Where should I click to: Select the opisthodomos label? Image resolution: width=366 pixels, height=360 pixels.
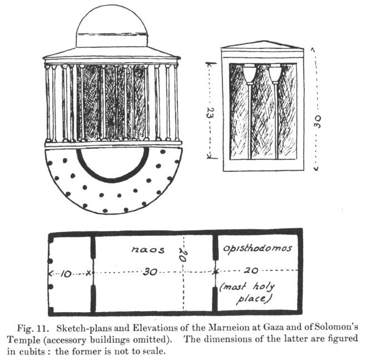tap(257, 248)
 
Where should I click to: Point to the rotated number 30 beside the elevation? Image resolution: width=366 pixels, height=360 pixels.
tap(317, 119)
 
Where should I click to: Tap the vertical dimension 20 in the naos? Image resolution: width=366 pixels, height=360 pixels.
tap(182, 257)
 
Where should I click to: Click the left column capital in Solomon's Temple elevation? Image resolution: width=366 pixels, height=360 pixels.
tap(249, 73)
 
